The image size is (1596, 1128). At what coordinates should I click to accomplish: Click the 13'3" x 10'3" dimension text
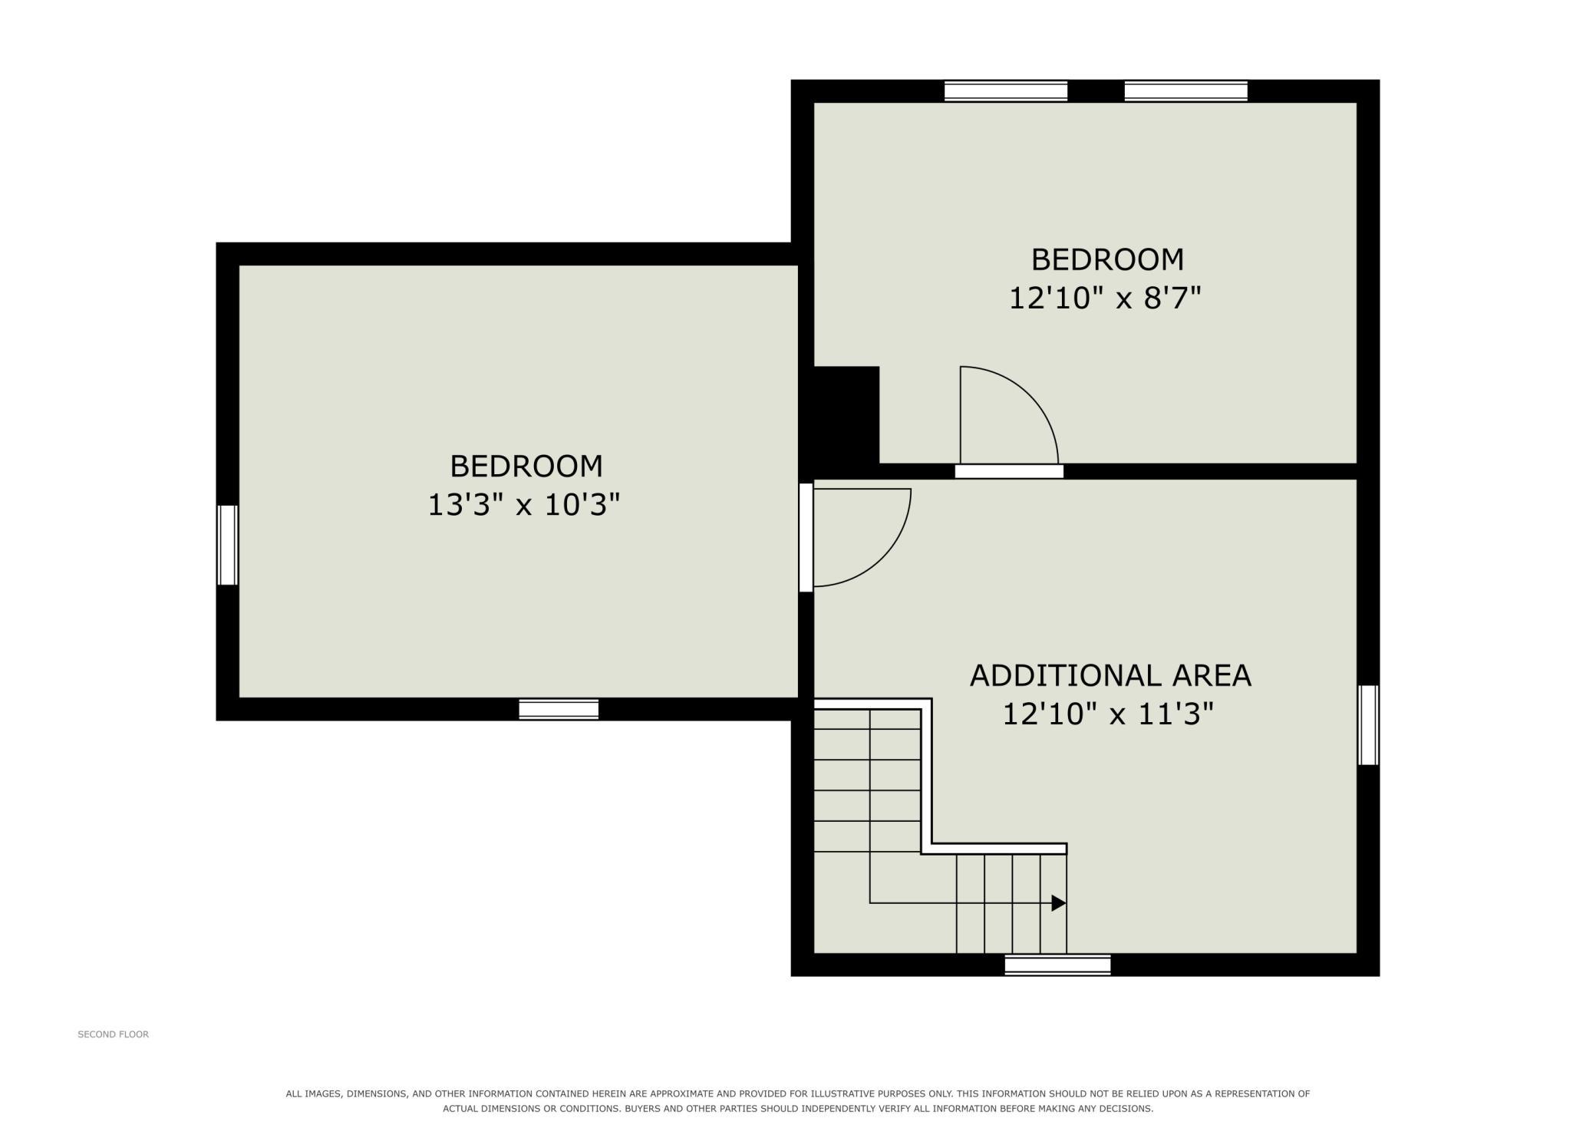click(x=523, y=505)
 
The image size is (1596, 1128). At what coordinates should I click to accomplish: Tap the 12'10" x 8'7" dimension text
click(x=1104, y=298)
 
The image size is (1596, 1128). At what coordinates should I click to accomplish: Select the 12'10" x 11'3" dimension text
click(x=1108, y=714)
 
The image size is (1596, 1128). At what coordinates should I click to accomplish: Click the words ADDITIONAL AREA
click(x=1110, y=675)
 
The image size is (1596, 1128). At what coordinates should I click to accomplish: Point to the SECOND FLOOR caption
click(x=114, y=1034)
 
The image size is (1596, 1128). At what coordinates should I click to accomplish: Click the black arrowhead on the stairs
click(x=1058, y=903)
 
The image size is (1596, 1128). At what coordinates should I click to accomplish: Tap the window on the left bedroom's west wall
click(x=227, y=545)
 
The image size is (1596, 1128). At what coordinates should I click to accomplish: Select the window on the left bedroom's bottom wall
click(x=559, y=709)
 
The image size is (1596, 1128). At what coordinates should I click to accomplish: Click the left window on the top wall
click(x=1006, y=91)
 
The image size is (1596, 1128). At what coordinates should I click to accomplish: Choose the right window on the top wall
click(x=1186, y=91)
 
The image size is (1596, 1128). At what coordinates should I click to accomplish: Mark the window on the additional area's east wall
click(x=1368, y=725)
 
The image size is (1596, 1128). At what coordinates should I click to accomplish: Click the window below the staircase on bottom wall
click(x=1057, y=965)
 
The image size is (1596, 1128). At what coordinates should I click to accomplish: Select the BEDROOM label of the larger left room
click(x=526, y=467)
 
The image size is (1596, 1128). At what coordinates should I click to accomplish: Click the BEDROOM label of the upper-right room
click(x=1107, y=259)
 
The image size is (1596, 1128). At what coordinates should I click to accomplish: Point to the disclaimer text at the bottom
click(x=798, y=1101)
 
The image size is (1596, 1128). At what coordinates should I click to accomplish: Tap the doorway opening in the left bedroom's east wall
click(x=806, y=537)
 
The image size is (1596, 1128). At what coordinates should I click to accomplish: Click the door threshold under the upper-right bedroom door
click(x=1009, y=471)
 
